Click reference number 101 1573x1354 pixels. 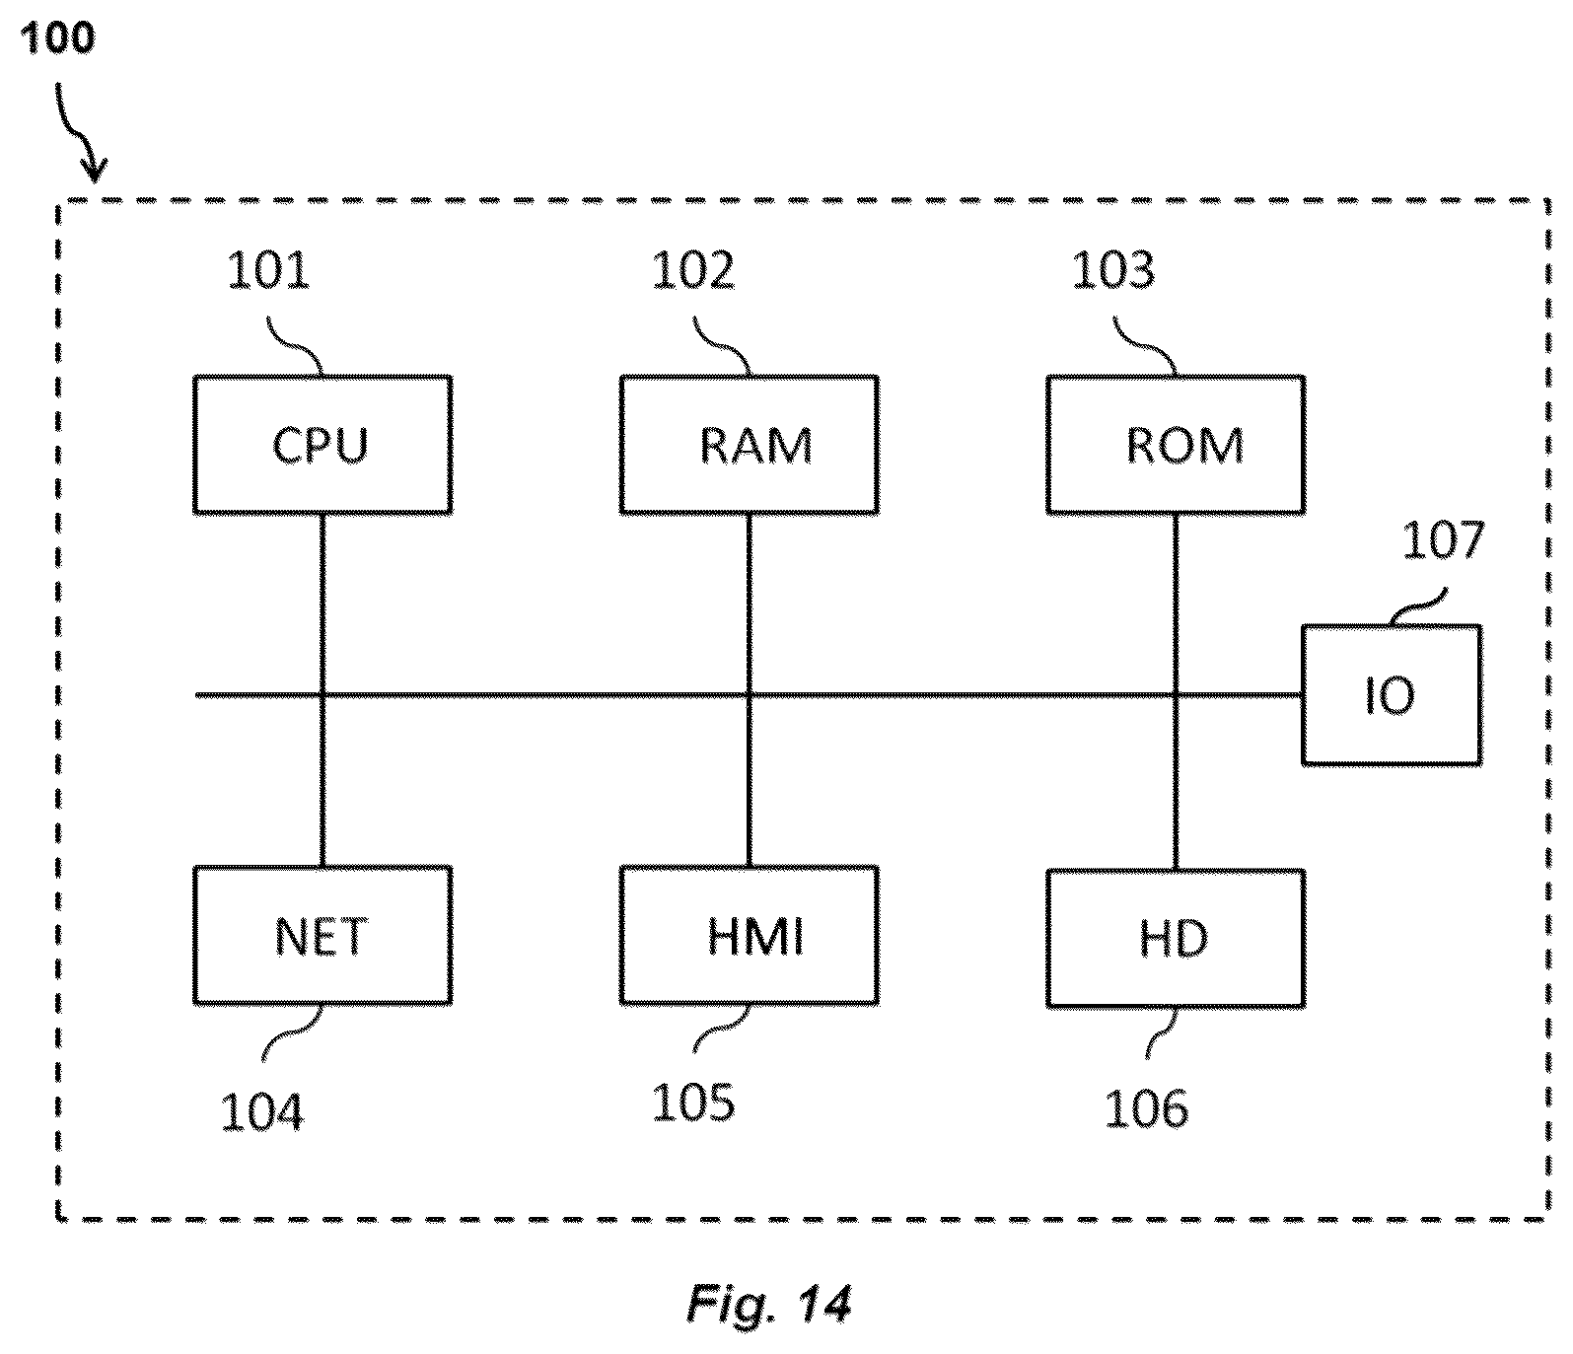[268, 270]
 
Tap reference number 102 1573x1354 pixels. [693, 270]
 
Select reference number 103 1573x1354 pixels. [1113, 270]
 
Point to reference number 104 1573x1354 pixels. [261, 1112]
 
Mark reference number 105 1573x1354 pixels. [693, 1103]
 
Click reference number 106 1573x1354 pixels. [1146, 1108]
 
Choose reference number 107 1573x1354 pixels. [1443, 541]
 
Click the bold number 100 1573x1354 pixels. [57, 38]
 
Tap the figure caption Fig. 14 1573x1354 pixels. [768, 1304]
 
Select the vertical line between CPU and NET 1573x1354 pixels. [322, 690]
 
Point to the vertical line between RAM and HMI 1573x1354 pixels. [750, 690]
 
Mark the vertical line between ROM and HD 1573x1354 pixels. [1176, 692]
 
